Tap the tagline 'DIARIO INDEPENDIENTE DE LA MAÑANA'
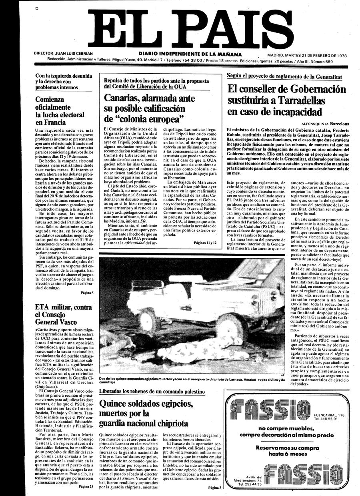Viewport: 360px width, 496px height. (x=190, y=54)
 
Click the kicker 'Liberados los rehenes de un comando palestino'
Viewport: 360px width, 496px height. (x=152, y=392)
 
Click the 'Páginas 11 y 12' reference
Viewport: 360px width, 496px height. (x=205, y=243)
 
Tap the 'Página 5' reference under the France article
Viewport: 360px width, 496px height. (x=87, y=293)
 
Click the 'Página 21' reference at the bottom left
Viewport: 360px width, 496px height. (x=86, y=487)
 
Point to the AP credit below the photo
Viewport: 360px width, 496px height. (x=282, y=375)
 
